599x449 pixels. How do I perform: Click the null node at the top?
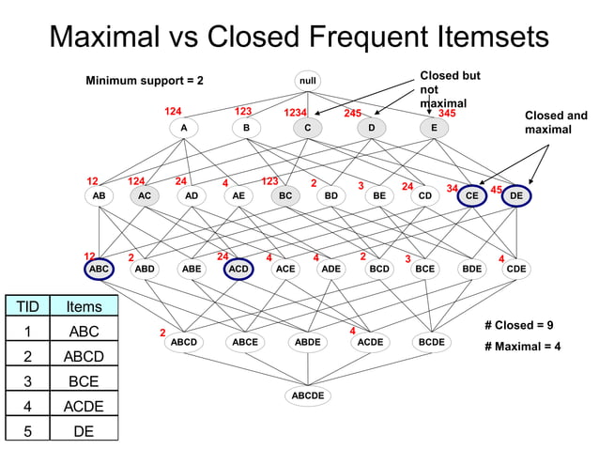[x=307, y=81]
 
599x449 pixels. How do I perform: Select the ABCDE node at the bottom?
[x=307, y=395]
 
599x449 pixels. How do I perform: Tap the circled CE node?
[x=472, y=196]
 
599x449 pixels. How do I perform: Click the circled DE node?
[x=516, y=196]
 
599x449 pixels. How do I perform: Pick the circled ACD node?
[x=238, y=269]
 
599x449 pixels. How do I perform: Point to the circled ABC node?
[x=98, y=269]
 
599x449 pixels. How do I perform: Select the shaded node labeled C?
[x=306, y=128]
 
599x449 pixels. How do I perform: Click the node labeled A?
[x=184, y=128]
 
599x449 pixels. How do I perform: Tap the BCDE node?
[x=431, y=343]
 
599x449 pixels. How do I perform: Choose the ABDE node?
[x=307, y=343]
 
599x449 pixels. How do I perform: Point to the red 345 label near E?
[x=447, y=113]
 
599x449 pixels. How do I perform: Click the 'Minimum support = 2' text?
[x=145, y=81]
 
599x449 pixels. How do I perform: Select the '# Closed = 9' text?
[x=518, y=325]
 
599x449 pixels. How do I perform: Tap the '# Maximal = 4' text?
[x=522, y=346]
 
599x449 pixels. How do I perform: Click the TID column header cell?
[x=28, y=306]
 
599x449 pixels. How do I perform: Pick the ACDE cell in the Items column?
[x=84, y=407]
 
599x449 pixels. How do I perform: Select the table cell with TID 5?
[x=28, y=431]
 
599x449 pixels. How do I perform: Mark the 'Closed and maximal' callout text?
[x=556, y=122]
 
